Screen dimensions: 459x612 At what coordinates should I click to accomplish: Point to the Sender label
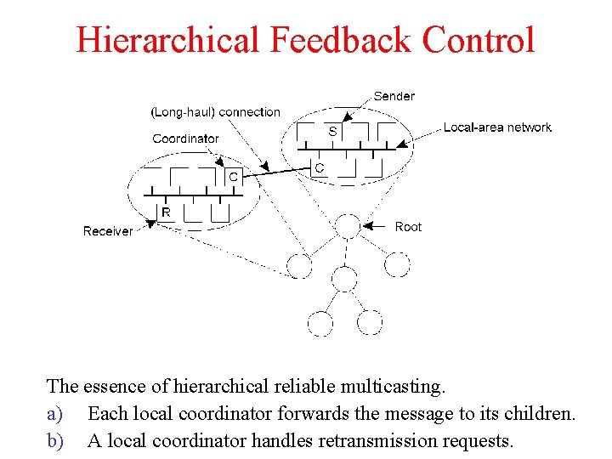point(394,96)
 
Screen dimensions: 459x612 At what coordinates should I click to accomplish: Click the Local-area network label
point(497,127)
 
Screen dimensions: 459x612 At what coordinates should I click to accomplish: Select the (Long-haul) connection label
point(215,111)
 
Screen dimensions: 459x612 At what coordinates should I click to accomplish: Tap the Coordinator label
point(185,139)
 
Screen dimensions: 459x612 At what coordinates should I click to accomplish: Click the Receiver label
point(108,231)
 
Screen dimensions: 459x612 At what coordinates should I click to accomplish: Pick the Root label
point(408,227)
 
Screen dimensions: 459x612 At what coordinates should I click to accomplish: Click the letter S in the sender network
point(331,132)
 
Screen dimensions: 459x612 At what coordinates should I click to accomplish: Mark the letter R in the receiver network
point(166,212)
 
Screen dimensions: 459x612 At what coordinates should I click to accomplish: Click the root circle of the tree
point(348,227)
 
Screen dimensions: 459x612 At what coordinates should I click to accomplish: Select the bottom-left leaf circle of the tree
point(320,323)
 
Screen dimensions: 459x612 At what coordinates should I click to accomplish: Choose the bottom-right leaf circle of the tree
point(370,323)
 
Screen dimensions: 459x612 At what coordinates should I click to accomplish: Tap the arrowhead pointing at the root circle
point(367,227)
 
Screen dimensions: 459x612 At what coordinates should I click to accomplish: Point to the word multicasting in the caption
point(394,387)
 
